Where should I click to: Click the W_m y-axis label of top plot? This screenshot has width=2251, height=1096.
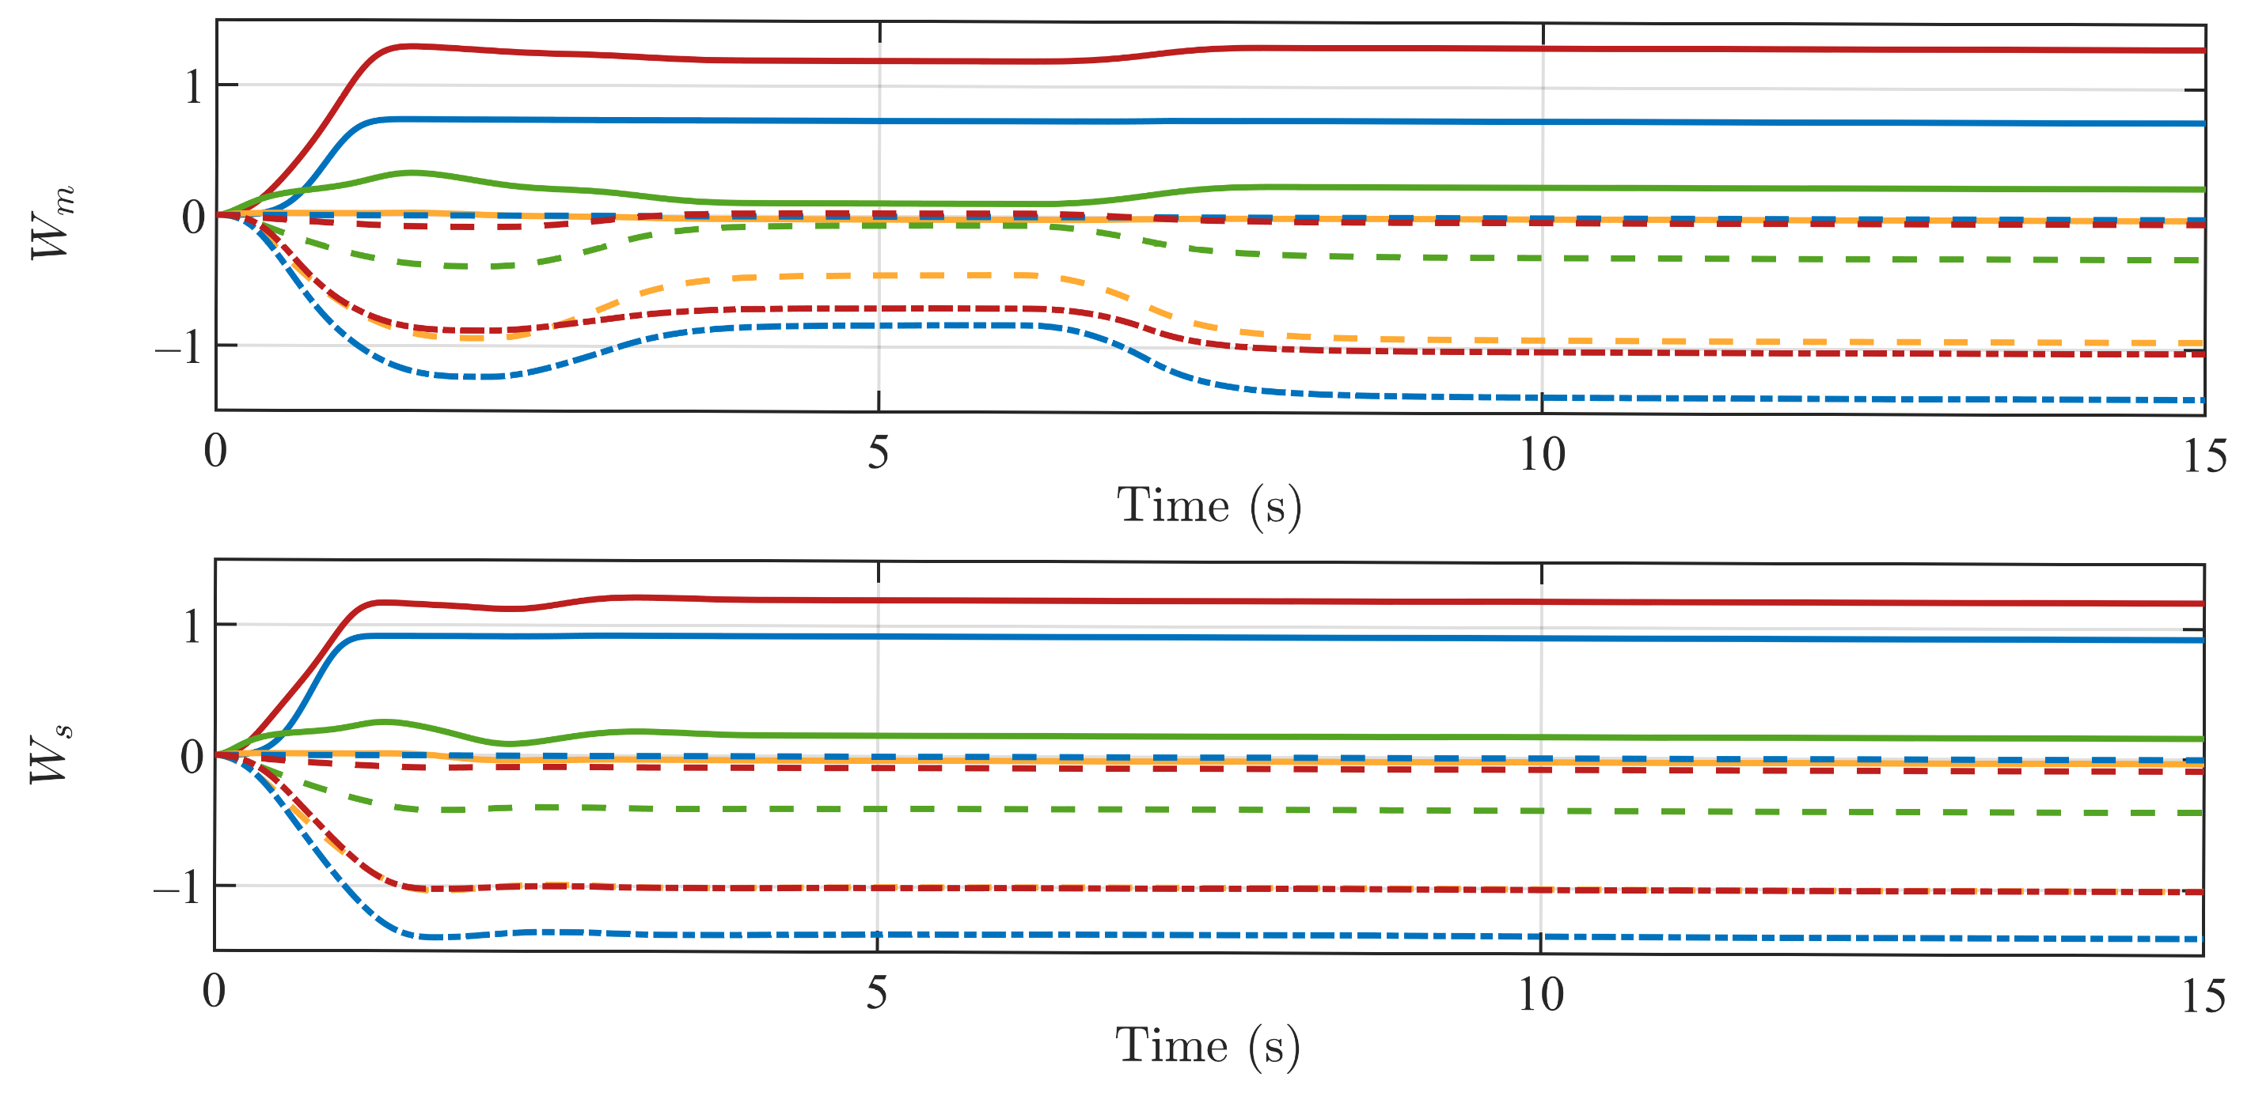(52, 222)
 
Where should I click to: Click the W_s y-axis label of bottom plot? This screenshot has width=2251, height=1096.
(51, 755)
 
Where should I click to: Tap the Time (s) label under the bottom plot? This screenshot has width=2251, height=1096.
(1208, 1046)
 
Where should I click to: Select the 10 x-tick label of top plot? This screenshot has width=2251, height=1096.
(1542, 455)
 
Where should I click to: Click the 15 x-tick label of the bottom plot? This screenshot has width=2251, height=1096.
(2203, 996)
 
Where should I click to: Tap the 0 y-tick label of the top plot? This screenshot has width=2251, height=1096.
(193, 217)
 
